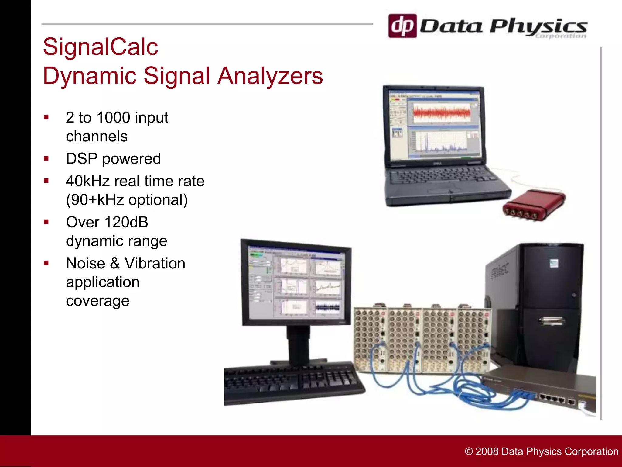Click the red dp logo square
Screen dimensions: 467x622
pyautogui.click(x=402, y=26)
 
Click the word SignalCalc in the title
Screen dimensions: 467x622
pyautogui.click(x=101, y=47)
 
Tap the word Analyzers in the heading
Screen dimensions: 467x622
pyautogui.click(x=270, y=76)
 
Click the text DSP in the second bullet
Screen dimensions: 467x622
pyautogui.click(x=81, y=159)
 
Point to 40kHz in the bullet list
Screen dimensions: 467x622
pyautogui.click(x=87, y=181)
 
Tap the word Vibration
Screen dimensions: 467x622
pyautogui.click(x=155, y=263)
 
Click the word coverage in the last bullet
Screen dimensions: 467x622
pyautogui.click(x=97, y=301)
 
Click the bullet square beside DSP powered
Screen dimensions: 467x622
pyautogui.click(x=46, y=158)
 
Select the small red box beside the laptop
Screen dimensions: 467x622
pyautogui.click(x=534, y=204)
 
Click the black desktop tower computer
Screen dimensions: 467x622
pyautogui.click(x=547, y=304)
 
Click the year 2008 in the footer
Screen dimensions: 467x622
pyautogui.click(x=487, y=451)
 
